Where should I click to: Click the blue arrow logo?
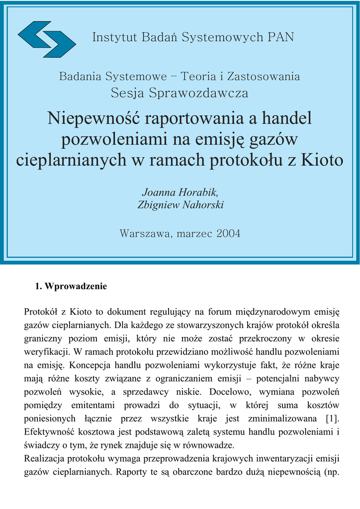[47, 39]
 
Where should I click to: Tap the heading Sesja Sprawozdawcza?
[180, 92]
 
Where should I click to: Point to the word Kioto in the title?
[322, 160]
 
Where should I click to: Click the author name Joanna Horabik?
[180, 192]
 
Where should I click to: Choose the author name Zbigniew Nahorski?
[180, 205]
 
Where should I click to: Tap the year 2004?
[228, 233]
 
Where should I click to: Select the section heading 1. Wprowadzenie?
[71, 287]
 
